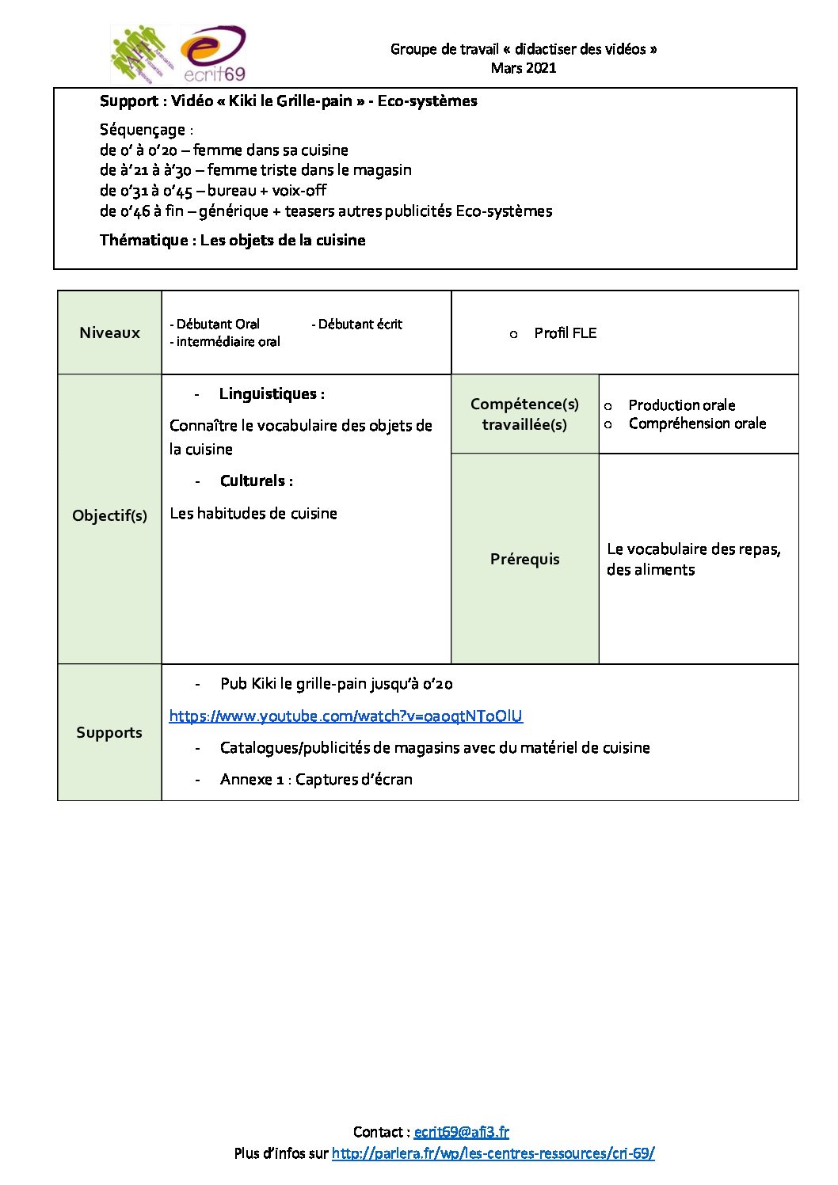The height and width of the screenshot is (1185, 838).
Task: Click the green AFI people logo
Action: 141,54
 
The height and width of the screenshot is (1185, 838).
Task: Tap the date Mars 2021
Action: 524,68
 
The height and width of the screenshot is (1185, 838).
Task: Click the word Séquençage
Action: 143,130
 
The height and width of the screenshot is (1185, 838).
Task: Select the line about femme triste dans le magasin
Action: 255,170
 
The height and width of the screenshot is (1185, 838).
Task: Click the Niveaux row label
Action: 109,332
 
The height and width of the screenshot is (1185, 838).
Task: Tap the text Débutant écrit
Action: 360,325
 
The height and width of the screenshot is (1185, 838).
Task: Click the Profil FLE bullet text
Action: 565,333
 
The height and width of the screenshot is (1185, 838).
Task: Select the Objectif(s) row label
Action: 109,515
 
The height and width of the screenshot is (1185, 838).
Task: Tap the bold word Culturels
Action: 256,481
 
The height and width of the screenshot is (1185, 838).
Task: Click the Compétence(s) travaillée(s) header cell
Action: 524,414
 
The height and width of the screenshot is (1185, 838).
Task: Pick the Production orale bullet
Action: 681,405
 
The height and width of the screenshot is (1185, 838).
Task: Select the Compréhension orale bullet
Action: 697,423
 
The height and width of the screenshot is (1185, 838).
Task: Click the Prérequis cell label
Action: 524,559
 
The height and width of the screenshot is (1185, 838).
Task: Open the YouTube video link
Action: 345,716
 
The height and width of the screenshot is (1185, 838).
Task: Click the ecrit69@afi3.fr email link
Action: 461,1132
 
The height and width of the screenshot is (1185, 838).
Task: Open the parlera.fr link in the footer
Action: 493,1153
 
